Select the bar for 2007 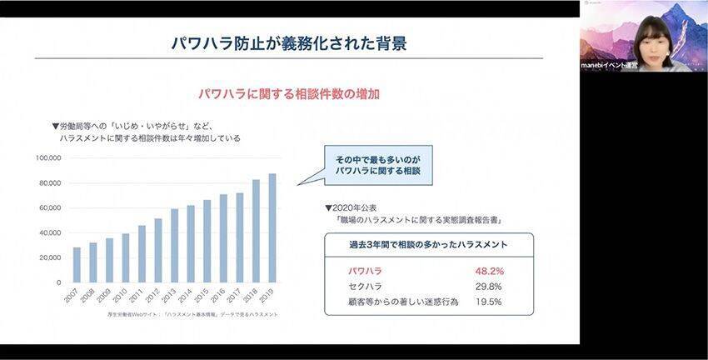pos(77,265)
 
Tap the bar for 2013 pos(174,246)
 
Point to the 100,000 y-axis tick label pos(49,157)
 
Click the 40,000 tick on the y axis pos(51,232)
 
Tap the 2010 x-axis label pos(122,297)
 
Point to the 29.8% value pos(488,286)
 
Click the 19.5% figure pos(488,302)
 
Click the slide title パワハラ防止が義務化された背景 pos(289,43)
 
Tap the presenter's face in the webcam pos(649,37)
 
